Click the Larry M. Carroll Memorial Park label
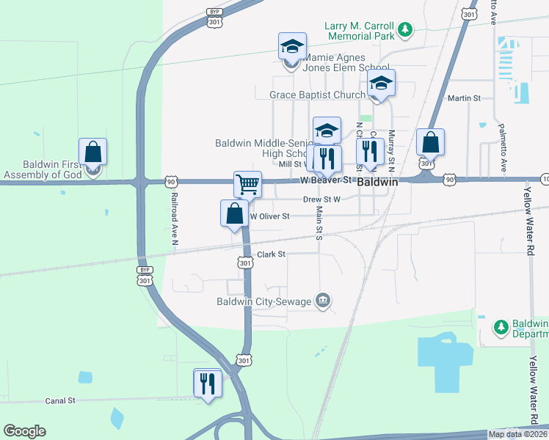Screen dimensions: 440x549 [x=360, y=30]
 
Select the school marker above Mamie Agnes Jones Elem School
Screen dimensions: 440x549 [x=292, y=48]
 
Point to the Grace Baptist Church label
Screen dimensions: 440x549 [x=317, y=95]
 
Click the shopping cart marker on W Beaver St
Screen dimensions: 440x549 [x=248, y=184]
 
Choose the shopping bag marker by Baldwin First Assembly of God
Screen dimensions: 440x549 [x=93, y=153]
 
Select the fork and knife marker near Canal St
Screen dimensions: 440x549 [x=208, y=384]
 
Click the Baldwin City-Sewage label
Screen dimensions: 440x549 [x=264, y=301]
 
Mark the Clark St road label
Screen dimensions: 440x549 [x=271, y=254]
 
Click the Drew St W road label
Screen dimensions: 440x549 [x=321, y=199]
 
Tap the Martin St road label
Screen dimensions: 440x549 [x=464, y=98]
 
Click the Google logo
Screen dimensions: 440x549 [x=24, y=431]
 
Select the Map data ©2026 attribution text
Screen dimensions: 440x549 [x=518, y=434]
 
